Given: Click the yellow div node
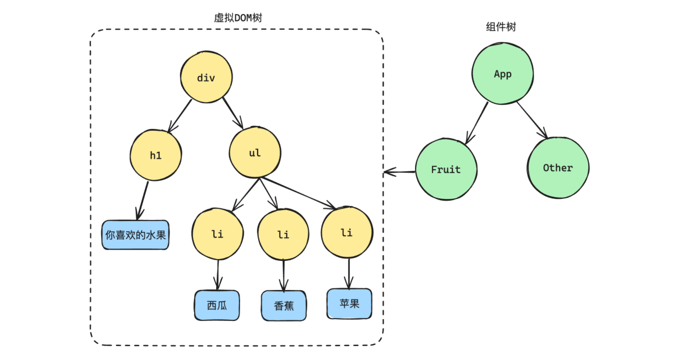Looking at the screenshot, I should (206, 77).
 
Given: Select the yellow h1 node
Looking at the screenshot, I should (156, 155).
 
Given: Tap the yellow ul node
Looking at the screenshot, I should (255, 153).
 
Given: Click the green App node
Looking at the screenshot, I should (502, 73).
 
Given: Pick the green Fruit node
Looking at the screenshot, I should (446, 169).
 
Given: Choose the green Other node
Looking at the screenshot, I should (558, 168).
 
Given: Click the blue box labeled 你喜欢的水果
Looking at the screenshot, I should (135, 235).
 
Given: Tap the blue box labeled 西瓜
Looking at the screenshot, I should (217, 305).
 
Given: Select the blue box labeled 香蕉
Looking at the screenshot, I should (284, 306).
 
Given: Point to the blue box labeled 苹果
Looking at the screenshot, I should (349, 303).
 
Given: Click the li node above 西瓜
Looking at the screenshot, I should (217, 234).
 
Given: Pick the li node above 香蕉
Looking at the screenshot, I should (283, 234).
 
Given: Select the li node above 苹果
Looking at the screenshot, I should (347, 233).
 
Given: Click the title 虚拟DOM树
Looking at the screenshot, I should (238, 18).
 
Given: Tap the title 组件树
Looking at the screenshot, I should (501, 27).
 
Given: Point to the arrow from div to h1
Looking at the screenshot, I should (180, 115).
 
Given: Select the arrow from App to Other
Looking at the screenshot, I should (531, 120).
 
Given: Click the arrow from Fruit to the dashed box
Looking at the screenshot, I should (399, 172).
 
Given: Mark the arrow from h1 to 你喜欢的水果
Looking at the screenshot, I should (143, 200).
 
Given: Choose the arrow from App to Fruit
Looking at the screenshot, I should (477, 123).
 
